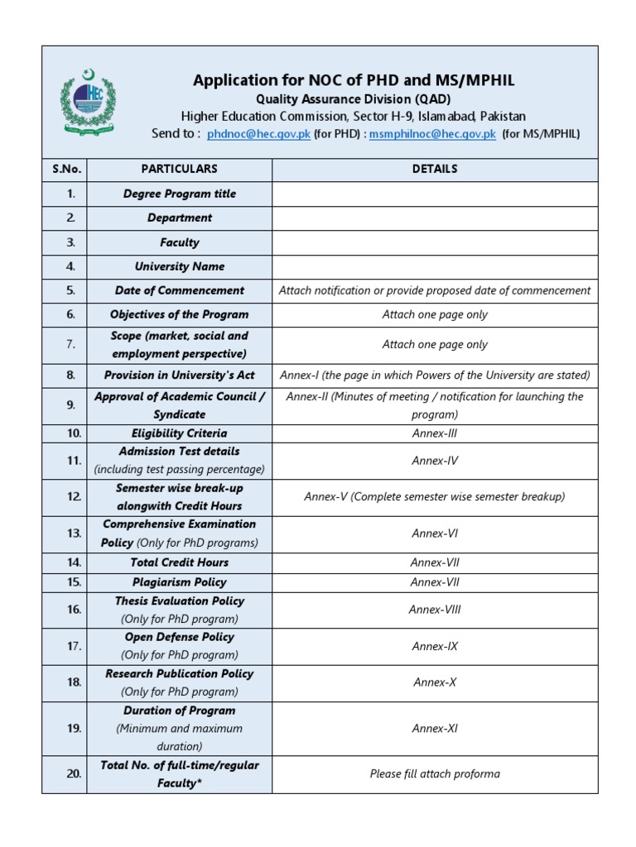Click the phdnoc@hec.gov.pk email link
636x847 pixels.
point(258,134)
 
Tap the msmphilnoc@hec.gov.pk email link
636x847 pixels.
point(432,134)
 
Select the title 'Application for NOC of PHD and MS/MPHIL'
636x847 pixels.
point(354,80)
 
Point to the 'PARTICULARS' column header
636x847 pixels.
point(180,169)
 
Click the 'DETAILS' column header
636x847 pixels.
point(435,169)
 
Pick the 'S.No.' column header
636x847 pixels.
point(67,169)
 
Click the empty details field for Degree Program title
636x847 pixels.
point(435,194)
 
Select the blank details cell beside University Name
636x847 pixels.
point(435,266)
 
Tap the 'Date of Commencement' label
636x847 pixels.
point(180,290)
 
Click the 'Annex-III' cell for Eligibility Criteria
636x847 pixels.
point(435,433)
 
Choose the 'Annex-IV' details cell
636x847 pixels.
point(435,461)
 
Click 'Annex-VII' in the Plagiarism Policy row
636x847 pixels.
point(435,582)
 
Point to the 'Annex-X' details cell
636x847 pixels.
point(435,682)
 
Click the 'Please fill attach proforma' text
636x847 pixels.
point(435,774)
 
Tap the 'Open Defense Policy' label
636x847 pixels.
point(180,638)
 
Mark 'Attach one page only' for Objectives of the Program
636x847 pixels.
point(435,314)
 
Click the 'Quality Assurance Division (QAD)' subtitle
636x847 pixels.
point(354,98)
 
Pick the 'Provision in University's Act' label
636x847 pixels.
point(180,375)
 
